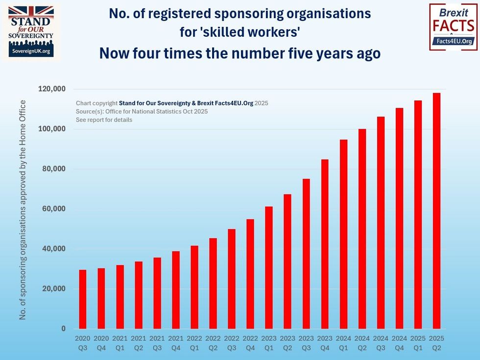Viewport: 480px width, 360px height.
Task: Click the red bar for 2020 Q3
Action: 83,299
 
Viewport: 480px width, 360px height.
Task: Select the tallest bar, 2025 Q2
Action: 436,211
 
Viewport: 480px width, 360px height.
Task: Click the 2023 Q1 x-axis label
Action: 269,343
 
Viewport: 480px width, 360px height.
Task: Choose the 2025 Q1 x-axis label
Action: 418,343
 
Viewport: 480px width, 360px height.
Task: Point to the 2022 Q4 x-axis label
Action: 250,343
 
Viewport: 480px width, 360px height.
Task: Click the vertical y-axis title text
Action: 23,210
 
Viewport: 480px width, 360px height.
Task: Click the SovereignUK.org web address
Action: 31,51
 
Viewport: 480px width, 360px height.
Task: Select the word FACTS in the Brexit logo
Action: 453,25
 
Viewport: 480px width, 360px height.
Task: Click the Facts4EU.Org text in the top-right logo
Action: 453,42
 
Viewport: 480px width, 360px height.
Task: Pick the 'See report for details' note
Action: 104,120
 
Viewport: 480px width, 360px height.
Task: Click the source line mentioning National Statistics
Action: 142,112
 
